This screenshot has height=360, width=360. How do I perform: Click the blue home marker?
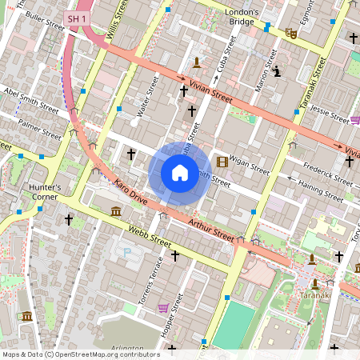180,173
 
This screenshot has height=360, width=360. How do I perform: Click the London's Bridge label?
242,18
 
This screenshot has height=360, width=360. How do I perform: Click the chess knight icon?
277,72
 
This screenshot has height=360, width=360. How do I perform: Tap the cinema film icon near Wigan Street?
222,162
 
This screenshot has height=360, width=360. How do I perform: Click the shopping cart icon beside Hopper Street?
164,307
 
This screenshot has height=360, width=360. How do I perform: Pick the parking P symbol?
125,253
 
